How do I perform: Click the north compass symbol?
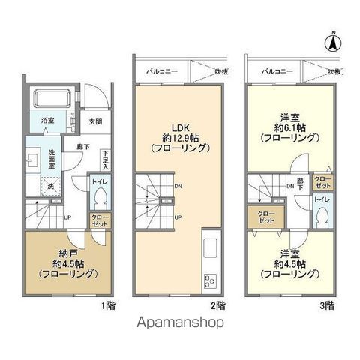click(331, 43)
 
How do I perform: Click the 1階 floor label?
click(110, 304)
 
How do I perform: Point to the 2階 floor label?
click(217, 304)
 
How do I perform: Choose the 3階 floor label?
click(328, 304)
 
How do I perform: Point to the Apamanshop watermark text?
click(180, 323)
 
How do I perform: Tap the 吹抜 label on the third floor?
click(333, 71)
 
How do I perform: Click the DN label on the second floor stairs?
click(177, 187)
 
